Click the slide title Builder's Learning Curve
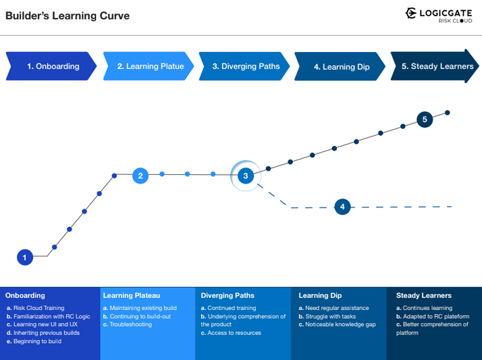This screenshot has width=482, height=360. tap(68, 16)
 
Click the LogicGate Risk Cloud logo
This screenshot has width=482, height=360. tap(438, 15)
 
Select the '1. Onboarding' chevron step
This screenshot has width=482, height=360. tap(51, 66)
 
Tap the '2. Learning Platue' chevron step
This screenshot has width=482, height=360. tap(147, 66)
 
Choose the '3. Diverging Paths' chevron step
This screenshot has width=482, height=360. tap(244, 66)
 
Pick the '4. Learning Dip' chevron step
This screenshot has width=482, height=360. tap(341, 67)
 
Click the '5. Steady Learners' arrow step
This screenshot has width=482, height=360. tap(435, 66)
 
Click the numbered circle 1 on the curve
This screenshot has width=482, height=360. tap(25, 257)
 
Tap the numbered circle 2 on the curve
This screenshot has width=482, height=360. tap(140, 176)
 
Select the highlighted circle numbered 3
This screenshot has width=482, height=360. tap(246, 176)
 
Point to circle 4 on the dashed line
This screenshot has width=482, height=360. tap(343, 207)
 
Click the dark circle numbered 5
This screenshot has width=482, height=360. tap(425, 120)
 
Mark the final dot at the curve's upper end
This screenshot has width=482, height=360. tap(448, 113)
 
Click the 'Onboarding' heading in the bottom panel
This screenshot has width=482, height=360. tap(25, 295)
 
